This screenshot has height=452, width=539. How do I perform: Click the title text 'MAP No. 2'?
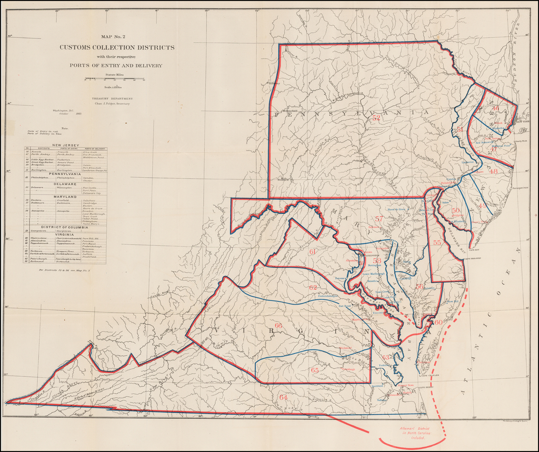pyautogui.click(x=116, y=37)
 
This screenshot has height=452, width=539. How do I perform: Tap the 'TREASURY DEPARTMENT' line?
pyautogui.click(x=112, y=98)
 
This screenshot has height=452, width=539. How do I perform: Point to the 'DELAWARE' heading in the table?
pyautogui.click(x=65, y=184)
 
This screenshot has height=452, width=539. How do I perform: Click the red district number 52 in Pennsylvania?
pyautogui.click(x=376, y=118)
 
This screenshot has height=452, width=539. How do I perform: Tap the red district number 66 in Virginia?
pyautogui.click(x=278, y=326)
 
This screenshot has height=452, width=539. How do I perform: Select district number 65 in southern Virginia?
pyautogui.click(x=315, y=370)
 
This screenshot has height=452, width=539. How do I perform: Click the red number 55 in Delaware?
pyautogui.click(x=437, y=243)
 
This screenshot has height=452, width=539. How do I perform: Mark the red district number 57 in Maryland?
pyautogui.click(x=379, y=218)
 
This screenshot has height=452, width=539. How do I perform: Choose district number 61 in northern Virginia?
pyautogui.click(x=312, y=252)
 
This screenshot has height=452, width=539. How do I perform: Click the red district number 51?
pyautogui.click(x=460, y=129)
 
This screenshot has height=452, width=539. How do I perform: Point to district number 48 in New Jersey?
pyautogui.click(x=493, y=171)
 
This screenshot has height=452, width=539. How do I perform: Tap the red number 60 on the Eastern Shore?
pyautogui.click(x=438, y=322)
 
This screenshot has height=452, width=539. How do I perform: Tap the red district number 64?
pyautogui.click(x=283, y=397)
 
